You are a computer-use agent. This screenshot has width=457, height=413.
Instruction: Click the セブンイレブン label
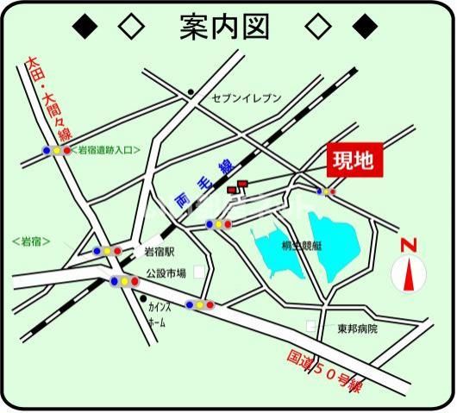(x=247, y=99)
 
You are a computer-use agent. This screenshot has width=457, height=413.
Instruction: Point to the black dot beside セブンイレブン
(x=191, y=91)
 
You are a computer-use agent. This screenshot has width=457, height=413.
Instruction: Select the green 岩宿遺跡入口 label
(x=103, y=149)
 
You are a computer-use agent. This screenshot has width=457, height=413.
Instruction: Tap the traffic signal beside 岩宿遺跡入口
(x=57, y=150)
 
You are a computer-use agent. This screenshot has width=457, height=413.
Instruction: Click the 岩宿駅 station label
(x=160, y=252)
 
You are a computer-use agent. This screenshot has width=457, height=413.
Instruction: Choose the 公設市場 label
(x=166, y=272)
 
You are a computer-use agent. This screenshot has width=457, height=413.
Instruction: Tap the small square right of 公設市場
(x=200, y=272)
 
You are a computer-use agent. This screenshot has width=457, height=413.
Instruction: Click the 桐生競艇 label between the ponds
(x=302, y=246)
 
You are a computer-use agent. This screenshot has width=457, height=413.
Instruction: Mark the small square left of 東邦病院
(x=312, y=327)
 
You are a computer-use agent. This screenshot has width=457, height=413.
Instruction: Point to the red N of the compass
(x=409, y=245)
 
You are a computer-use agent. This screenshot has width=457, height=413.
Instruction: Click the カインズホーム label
(x=159, y=314)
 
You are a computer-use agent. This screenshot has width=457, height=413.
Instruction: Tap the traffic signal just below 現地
(x=325, y=191)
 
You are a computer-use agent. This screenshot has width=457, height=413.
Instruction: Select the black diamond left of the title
(x=84, y=27)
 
